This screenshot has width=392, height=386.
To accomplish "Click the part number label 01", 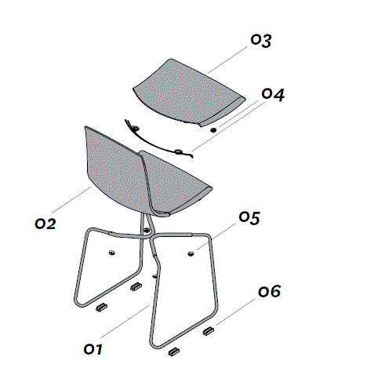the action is [93, 349].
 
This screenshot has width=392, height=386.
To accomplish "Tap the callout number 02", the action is [45, 224].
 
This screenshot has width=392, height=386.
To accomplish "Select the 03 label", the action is [261, 41].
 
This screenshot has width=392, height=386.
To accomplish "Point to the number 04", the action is [273, 94].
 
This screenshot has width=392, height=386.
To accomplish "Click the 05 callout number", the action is [249, 217].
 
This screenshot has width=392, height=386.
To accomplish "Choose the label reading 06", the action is [269, 291].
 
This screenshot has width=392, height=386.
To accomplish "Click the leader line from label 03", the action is [227, 60].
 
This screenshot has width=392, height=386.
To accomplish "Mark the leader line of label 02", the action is [71, 200].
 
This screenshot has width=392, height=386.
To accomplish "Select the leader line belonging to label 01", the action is [125, 322].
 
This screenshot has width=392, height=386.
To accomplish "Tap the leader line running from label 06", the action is [235, 311].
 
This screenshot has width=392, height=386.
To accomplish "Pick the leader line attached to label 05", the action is [216, 237].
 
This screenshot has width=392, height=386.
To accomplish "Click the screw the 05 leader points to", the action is [191, 253].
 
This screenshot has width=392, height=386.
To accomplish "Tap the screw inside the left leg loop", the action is [112, 253].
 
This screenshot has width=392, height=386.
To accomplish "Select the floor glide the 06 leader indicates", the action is [209, 331].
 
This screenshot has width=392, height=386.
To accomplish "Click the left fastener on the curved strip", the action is [136, 128].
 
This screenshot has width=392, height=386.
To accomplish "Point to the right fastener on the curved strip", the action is [179, 151].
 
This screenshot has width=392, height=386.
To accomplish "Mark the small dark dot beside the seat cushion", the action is [213, 129].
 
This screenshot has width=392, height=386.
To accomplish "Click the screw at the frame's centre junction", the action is [147, 231].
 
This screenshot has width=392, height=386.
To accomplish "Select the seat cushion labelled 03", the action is [189, 92].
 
